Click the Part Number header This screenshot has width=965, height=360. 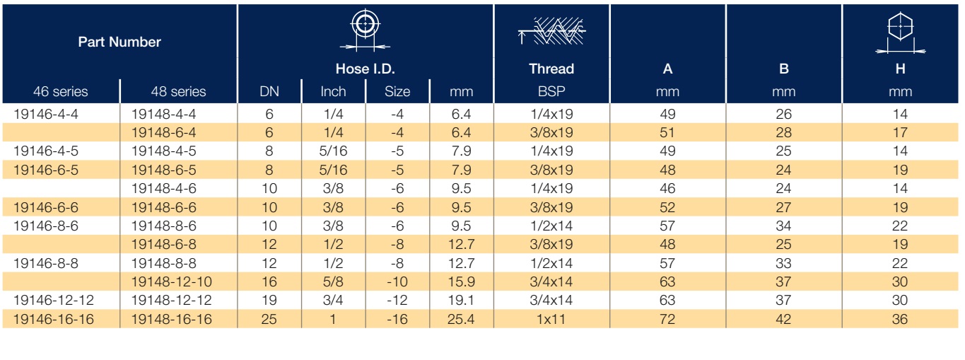click(119, 42)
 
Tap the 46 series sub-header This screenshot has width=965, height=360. click(60, 91)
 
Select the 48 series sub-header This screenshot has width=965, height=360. click(178, 91)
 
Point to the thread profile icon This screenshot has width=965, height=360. click(551, 31)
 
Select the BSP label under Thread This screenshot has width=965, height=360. click(551, 91)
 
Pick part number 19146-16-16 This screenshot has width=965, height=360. click(54, 319)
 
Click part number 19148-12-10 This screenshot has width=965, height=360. click(172, 281)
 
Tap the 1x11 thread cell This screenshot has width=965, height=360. click(551, 319)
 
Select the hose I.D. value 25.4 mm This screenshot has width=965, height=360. click(461, 319)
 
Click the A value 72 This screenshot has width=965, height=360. click(667, 319)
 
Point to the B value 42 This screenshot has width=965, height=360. click(783, 319)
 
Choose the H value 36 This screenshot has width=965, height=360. click(900, 319)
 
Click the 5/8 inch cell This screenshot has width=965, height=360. click(333, 281)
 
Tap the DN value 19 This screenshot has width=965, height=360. click(269, 300)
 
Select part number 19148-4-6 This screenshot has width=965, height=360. click(164, 188)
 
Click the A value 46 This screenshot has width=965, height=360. click(667, 188)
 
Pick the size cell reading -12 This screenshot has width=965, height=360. click(397, 300)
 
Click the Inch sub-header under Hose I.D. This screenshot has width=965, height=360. click(333, 91)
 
